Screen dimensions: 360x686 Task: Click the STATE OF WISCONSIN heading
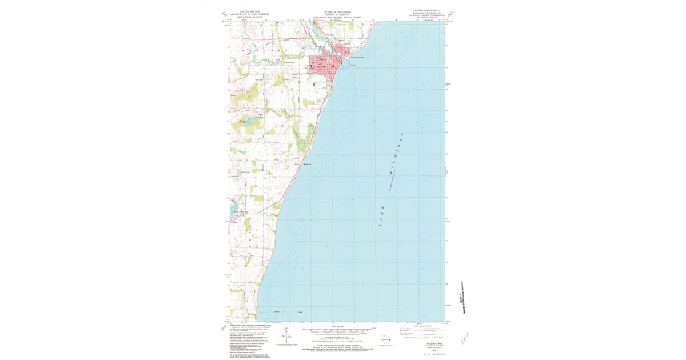click(337, 11)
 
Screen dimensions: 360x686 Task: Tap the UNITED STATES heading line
click(249, 11)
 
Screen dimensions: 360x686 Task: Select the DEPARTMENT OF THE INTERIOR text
click(249, 14)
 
